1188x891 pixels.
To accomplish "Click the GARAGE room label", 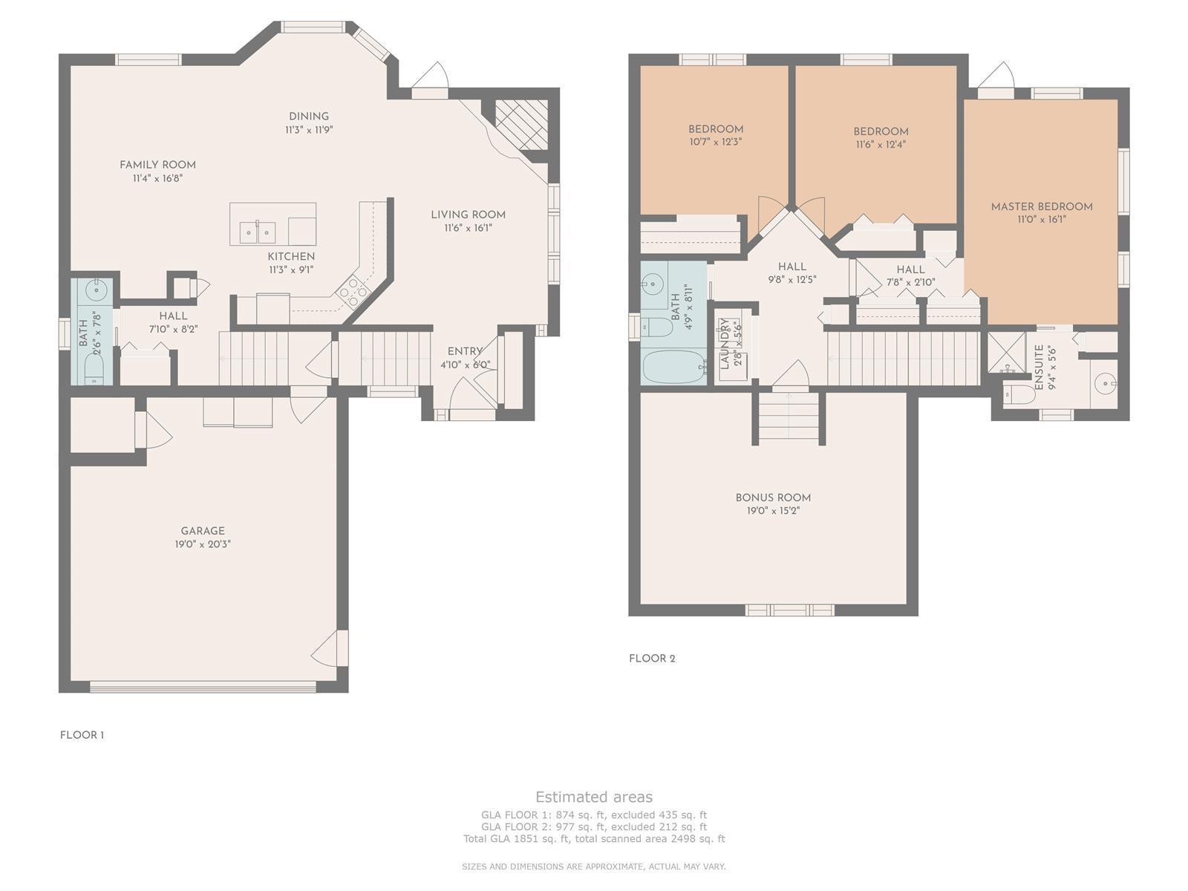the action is tap(203, 531).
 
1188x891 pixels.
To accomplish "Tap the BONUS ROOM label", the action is tap(773, 497).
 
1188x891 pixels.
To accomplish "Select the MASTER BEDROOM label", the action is tap(1041, 206).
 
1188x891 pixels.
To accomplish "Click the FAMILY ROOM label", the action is tap(157, 164).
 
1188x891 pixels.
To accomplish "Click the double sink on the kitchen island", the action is tap(258, 232).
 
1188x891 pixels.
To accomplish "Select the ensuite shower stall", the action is tap(1006, 352).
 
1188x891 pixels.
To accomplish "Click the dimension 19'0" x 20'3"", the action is tap(203, 544).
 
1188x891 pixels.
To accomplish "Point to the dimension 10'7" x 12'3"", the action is tap(716, 142).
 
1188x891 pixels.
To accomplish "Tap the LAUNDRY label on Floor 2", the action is tap(724, 344).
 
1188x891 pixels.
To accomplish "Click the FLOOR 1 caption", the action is tap(82, 734).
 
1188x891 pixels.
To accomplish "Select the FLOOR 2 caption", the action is tap(652, 659).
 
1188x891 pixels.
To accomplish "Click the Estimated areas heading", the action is tap(594, 797).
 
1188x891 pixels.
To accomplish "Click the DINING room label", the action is tap(308, 117).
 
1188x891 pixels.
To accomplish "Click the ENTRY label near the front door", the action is tap(465, 352).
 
